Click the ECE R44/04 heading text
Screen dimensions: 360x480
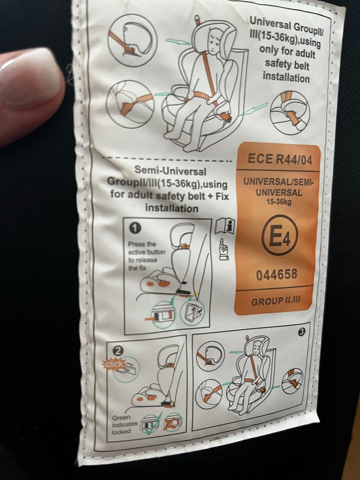coord(280,159)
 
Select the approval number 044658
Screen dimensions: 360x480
coord(277,274)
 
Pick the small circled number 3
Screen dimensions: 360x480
coord(302,332)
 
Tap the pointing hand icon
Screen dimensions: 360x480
coord(224,249)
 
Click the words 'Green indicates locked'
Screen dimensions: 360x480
coord(124,424)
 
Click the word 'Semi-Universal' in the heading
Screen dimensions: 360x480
coord(170,171)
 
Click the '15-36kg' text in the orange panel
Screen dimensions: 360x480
coord(279,202)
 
